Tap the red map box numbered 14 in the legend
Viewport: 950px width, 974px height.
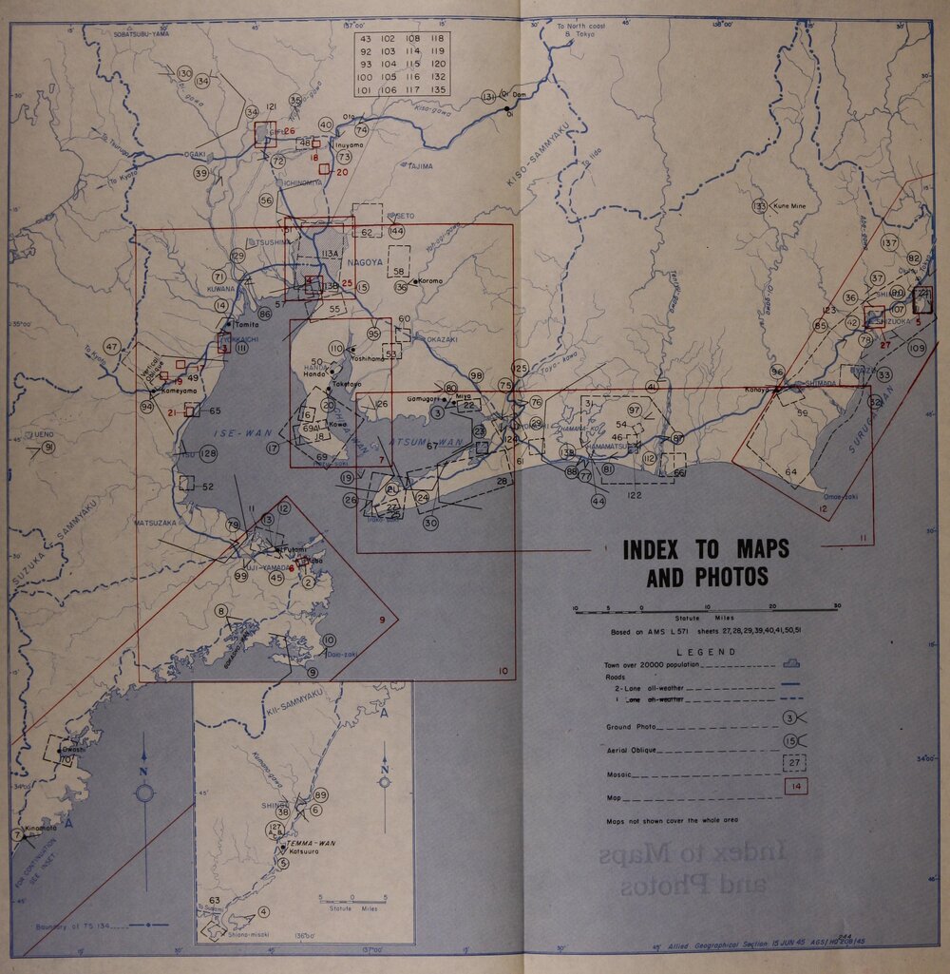tap(795, 786)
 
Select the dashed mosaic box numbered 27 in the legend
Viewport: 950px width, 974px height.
tap(794, 762)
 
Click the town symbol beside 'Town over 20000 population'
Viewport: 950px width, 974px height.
tap(791, 664)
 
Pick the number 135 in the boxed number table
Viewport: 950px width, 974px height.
tap(436, 89)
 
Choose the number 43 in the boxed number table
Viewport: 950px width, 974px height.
tap(366, 39)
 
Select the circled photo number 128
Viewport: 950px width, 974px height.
tap(207, 454)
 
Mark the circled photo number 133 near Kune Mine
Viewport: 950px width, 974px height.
tap(759, 205)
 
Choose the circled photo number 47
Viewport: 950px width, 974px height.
tap(112, 347)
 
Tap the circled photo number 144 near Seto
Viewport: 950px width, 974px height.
tap(396, 231)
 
